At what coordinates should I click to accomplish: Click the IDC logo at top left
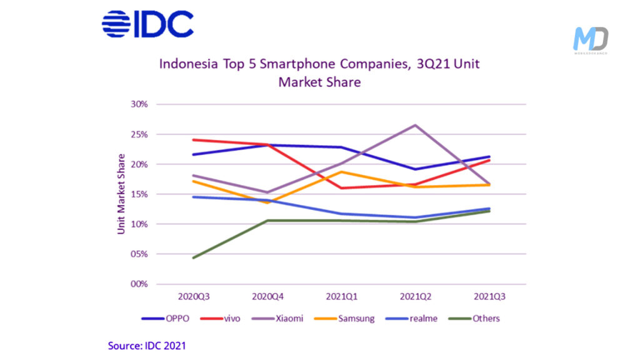coord(147,24)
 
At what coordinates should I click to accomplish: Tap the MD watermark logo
coord(590,41)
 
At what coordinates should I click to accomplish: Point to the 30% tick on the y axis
coord(139,104)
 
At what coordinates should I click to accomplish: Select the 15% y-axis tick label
coord(139,194)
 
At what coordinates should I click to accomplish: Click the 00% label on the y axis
coord(139,284)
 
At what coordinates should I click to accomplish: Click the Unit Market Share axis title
coord(121,194)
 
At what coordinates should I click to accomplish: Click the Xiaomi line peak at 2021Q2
coord(415,125)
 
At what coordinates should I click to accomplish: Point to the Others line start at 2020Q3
coord(193,257)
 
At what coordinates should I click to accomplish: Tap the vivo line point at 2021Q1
coord(341,188)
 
